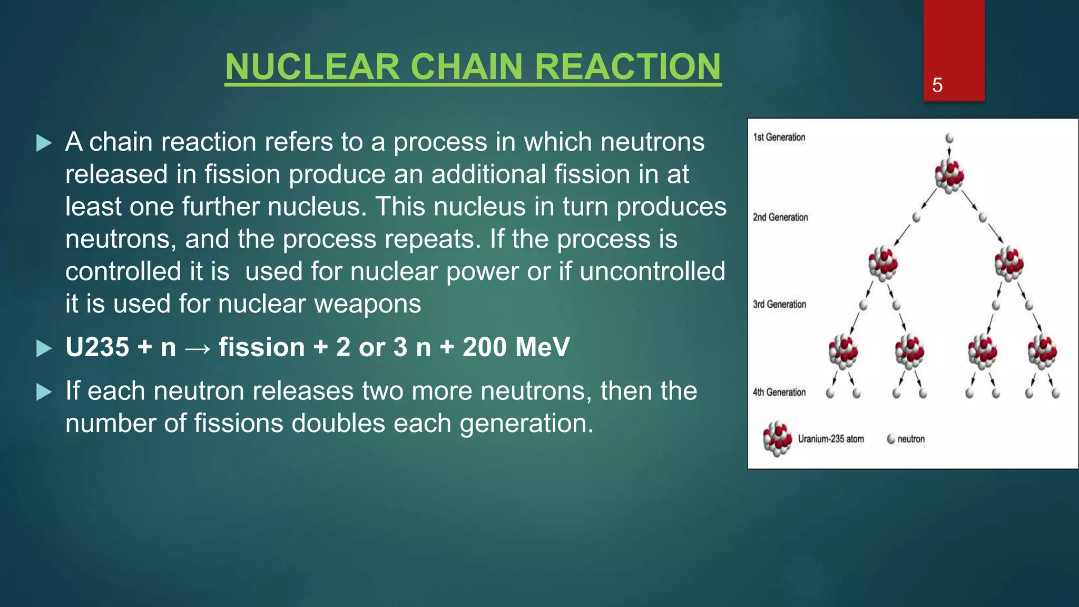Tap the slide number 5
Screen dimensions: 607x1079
coord(937,85)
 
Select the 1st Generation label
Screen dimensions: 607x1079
coord(779,138)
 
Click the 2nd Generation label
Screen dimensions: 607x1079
coord(780,217)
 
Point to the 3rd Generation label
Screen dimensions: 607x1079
coord(779,305)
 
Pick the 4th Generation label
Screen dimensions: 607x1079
coord(779,392)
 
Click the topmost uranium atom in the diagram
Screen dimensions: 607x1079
coord(949,175)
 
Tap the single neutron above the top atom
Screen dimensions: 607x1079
coord(949,138)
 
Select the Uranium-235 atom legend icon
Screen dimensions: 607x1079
coord(777,438)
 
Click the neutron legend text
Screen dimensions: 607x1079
coord(911,439)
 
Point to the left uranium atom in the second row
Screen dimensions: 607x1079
coord(883,262)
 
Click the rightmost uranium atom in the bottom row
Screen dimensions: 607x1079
coord(1042,350)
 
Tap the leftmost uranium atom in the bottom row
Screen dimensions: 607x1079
coord(843,350)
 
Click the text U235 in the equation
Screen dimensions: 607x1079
coord(97,347)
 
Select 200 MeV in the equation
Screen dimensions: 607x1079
coord(516,347)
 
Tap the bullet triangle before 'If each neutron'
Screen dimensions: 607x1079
coord(44,392)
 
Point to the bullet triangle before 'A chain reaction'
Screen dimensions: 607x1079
coord(44,143)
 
